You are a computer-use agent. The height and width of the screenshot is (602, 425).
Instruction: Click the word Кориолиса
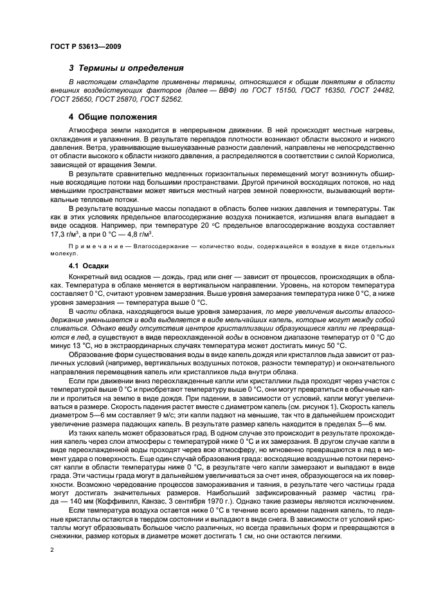352,154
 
